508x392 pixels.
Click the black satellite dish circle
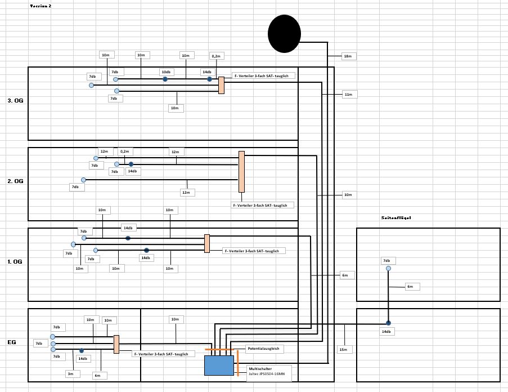tap(284, 34)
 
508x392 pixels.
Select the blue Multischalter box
tap(219, 365)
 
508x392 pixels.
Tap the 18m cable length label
tap(348, 56)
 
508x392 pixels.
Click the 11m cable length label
tap(348, 95)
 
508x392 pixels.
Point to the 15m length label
tap(344, 349)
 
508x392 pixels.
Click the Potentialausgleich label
tap(264, 349)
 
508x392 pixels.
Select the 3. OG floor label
tap(15, 101)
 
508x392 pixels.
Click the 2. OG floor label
tap(15, 181)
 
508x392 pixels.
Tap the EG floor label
tap(11, 342)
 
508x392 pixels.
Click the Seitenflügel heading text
tap(397, 217)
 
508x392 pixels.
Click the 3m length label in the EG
tap(70, 373)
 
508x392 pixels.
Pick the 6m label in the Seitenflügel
tap(411, 287)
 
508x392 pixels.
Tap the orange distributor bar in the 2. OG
tap(241, 172)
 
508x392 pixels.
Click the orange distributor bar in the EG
tap(116, 344)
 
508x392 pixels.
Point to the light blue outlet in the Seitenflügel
tap(388, 269)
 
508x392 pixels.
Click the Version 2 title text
tap(41, 5)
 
